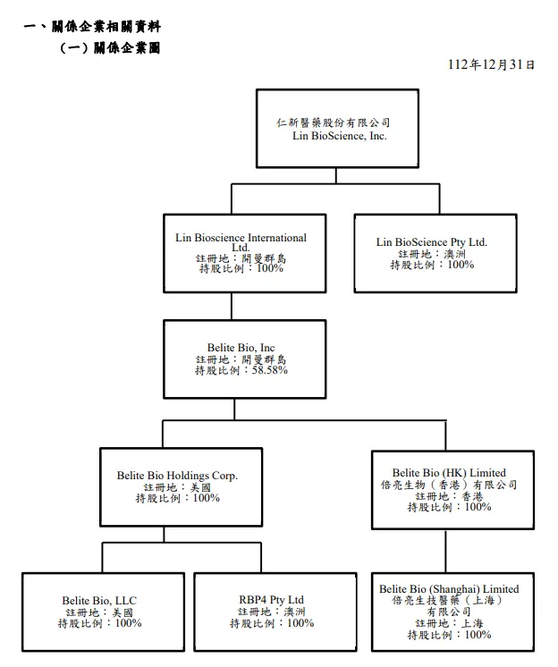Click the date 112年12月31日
point(491,64)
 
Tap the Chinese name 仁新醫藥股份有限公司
point(336,122)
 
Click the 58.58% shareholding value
point(268,369)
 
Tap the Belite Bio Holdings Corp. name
point(182,477)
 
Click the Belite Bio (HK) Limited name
point(448,473)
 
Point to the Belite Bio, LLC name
point(99,600)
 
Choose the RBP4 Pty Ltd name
point(271,600)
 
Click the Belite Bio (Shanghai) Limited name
point(448,589)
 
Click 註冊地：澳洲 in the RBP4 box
point(271,612)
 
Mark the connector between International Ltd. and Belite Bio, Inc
point(232,307)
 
